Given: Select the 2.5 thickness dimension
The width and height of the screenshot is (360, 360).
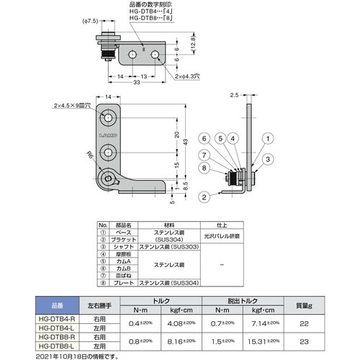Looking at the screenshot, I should coord(234,94).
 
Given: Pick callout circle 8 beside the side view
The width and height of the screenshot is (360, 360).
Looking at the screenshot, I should coord(204,169).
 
